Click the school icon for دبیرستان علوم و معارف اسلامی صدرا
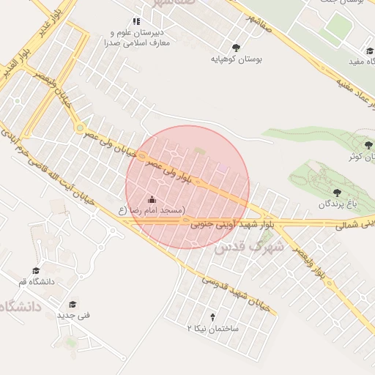(135, 22)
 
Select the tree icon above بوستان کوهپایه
(234, 45)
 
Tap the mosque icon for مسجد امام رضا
(152, 199)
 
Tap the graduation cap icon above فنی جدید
(73, 304)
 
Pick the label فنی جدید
(73, 315)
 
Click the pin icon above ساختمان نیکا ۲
(212, 317)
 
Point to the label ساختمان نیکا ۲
(213, 330)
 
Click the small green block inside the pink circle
(199, 151)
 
